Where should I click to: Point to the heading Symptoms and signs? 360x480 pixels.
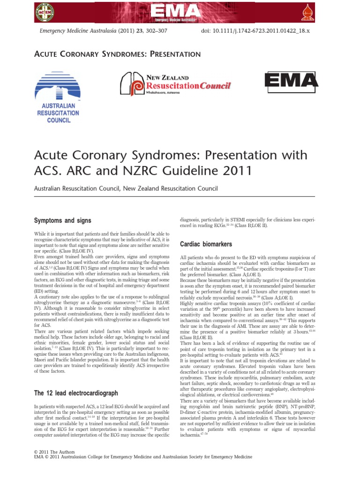(63, 220)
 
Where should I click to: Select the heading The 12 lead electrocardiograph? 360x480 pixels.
(76, 392)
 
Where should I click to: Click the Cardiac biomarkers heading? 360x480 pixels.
(206, 244)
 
